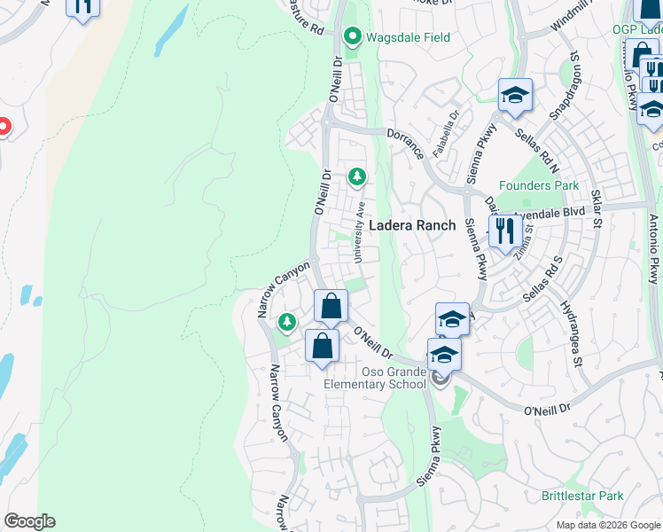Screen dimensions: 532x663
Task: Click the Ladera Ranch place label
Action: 412,225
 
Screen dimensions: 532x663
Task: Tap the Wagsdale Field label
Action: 409,37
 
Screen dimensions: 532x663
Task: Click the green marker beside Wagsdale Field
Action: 352,37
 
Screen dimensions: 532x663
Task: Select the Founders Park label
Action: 538,185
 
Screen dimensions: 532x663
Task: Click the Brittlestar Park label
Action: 582,497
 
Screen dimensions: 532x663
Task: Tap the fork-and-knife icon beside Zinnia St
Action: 504,231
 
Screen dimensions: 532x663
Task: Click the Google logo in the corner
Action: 29,521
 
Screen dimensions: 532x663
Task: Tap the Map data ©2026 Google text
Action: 608,525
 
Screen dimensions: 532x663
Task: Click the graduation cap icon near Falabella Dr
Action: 515,96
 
